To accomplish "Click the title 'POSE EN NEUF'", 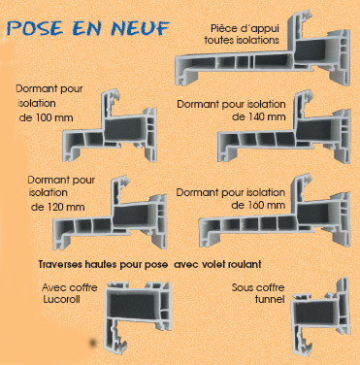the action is tap(88, 28).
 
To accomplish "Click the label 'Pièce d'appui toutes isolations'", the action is tap(242, 34).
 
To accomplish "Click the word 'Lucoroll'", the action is tap(61, 299).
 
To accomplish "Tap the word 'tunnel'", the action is tap(270, 299).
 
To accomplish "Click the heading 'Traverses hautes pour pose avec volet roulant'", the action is tap(149, 264).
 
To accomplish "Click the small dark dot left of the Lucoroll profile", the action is tap(93, 343).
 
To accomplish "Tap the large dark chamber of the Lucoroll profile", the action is tap(132, 307).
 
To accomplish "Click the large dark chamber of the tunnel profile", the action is tap(314, 314).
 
